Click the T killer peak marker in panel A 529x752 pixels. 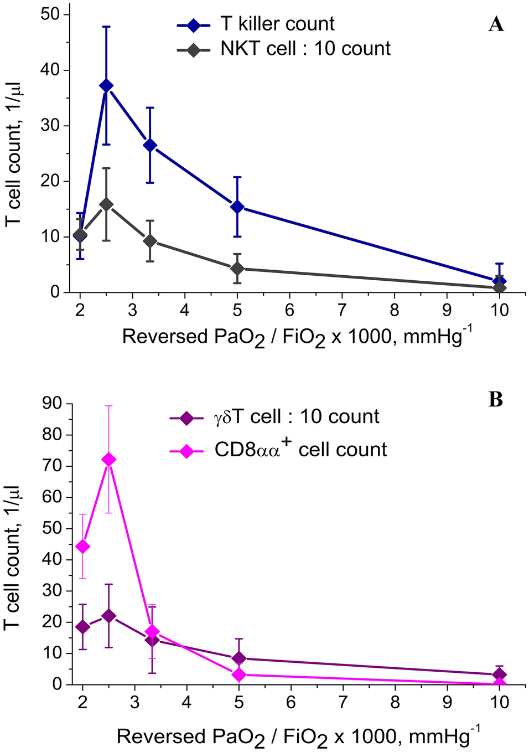pyautogui.click(x=106, y=86)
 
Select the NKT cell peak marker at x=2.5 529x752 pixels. pyautogui.click(x=106, y=204)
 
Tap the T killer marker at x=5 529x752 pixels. pyautogui.click(x=237, y=207)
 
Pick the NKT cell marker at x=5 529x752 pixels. pyautogui.click(x=237, y=269)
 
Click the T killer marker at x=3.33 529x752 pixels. pyautogui.click(x=150, y=146)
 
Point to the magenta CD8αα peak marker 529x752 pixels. pyautogui.click(x=109, y=460)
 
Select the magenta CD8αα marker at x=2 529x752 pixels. pyautogui.click(x=83, y=547)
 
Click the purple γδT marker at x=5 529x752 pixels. pyautogui.click(x=238, y=658)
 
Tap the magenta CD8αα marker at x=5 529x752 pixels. pyautogui.click(x=238, y=674)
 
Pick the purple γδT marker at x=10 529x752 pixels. pyautogui.click(x=500, y=674)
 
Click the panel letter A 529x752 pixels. pyautogui.click(x=496, y=24)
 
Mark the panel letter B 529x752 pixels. pyautogui.click(x=495, y=399)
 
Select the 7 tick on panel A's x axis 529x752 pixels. pyautogui.click(x=342, y=310)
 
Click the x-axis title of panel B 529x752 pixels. pyautogui.click(x=298, y=736)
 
